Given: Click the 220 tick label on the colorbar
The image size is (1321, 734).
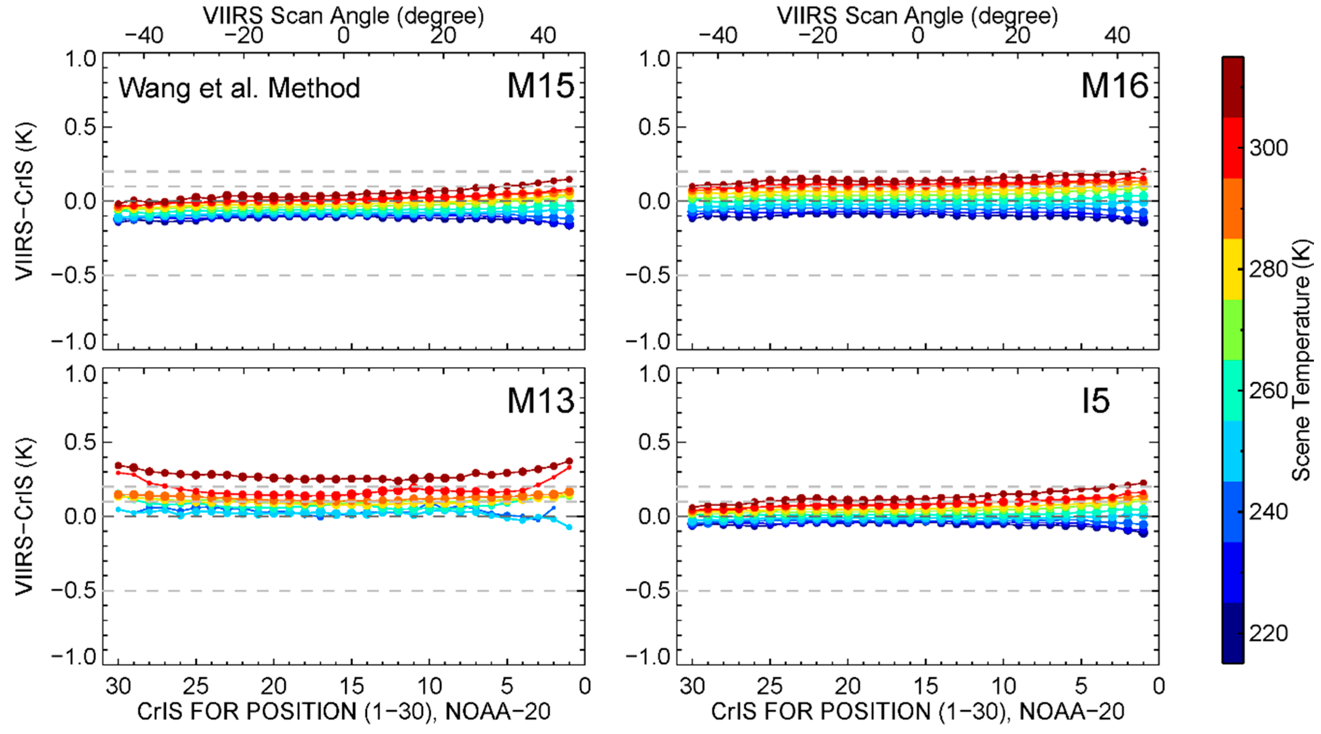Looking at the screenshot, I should [1268, 634].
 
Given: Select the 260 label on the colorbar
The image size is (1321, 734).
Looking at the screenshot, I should [1268, 391].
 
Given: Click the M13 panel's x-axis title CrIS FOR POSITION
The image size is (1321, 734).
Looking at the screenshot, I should [343, 711].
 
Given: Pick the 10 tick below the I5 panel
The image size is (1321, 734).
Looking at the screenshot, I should [1003, 686].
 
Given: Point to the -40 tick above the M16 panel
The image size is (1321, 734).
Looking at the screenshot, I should [718, 36].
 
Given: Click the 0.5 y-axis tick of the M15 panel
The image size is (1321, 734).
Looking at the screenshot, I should [80, 127].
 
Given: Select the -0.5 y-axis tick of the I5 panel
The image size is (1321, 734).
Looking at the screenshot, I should [647, 590].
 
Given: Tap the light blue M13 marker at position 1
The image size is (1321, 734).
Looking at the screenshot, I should [569, 527].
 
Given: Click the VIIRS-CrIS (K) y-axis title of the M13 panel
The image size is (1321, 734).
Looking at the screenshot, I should [24, 516].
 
